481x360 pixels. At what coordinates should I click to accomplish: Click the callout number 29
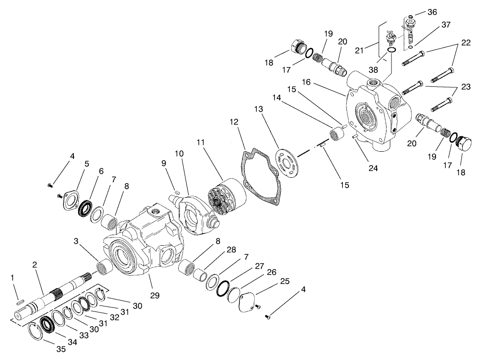point(154,296)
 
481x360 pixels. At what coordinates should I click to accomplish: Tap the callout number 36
point(432,12)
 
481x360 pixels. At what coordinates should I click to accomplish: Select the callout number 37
point(445,25)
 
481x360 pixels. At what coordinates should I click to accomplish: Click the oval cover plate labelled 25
point(247,301)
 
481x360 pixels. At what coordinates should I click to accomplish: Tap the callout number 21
point(359,50)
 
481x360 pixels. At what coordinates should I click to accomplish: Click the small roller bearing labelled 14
point(334,134)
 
